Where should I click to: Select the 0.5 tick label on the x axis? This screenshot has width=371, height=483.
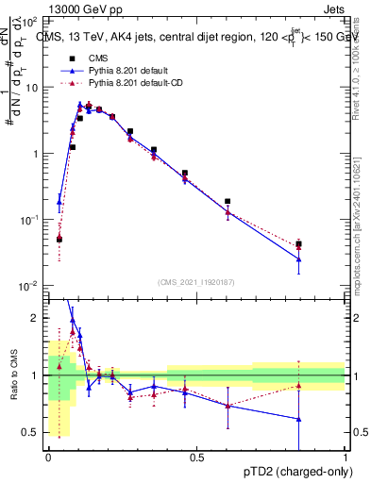click(195, 458)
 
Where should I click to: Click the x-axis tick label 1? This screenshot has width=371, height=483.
click(345, 458)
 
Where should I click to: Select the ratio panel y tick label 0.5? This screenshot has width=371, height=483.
click(31, 432)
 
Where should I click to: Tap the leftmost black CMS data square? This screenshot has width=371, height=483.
click(59, 239)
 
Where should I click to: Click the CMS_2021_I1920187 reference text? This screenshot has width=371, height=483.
click(195, 281)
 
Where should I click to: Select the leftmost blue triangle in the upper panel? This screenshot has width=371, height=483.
click(59, 201)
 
